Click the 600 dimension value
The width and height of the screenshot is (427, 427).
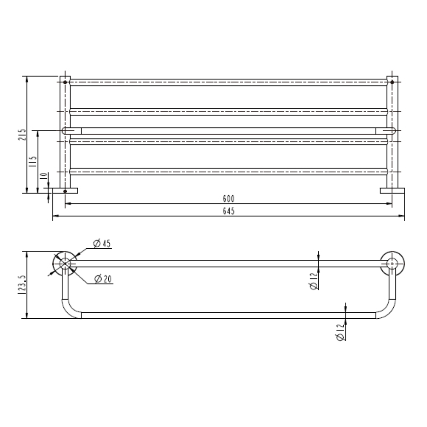[229, 198]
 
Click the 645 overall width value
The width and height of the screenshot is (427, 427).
[229, 211]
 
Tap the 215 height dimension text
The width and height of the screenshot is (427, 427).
[22, 134]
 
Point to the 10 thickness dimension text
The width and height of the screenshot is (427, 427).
[43, 176]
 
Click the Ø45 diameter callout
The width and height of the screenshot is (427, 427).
[102, 243]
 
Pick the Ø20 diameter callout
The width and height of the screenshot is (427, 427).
[103, 279]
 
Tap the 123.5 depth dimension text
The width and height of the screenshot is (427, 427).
[22, 285]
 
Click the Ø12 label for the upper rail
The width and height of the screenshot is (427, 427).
[314, 281]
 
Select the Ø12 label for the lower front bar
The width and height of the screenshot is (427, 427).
[341, 332]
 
